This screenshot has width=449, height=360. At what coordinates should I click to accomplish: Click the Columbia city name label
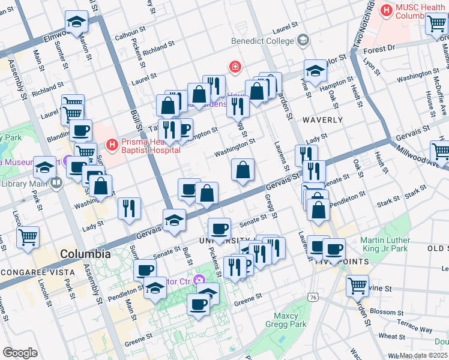click(85, 254)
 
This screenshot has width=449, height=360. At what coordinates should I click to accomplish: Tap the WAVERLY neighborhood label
click(322, 120)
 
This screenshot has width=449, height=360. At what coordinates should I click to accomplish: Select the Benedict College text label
click(264, 41)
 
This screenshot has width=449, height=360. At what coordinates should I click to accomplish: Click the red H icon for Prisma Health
click(111, 145)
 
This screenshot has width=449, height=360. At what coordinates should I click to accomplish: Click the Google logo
click(20, 352)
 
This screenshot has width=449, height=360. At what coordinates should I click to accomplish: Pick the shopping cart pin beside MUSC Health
click(436, 24)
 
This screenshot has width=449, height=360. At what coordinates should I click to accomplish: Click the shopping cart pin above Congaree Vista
click(28, 237)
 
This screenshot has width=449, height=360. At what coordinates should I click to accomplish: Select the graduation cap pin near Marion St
click(76, 22)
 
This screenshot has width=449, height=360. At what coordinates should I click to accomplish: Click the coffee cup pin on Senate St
click(219, 229)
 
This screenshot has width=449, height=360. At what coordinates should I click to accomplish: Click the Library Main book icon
click(57, 182)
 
